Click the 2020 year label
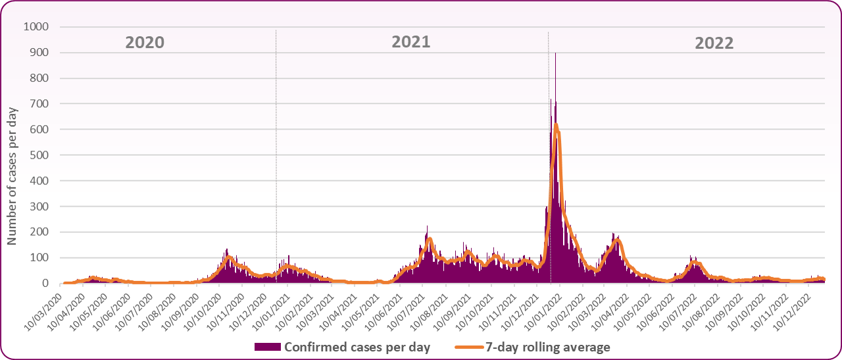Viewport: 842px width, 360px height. pos(145,43)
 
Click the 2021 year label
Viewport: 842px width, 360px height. pos(411,42)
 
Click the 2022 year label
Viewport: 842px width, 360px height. pos(714,43)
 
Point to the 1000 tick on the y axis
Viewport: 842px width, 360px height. pos(36,27)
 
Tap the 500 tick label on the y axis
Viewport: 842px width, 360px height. pos(39,155)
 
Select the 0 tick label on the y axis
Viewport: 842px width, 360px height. pos(46,284)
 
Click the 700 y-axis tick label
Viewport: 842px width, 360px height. pos(39,104)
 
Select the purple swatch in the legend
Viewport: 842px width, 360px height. pos(267,347)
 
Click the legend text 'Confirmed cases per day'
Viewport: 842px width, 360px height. pos(357,347)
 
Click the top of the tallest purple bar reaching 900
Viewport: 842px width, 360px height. pos(555,53)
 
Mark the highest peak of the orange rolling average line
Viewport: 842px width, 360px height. pos(556,124)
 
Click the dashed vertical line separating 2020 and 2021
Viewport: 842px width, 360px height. pos(276,158)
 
